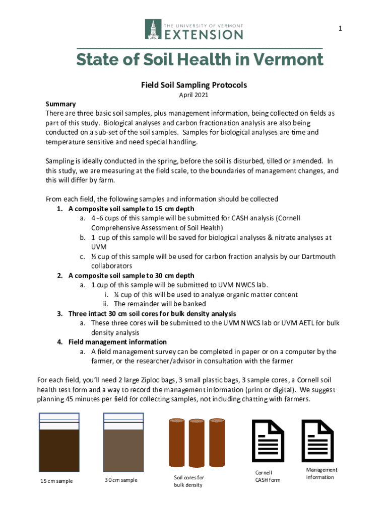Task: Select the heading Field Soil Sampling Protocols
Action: pos(194,85)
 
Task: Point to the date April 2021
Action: pos(194,95)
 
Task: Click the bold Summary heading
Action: pos(60,104)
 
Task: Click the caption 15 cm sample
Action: pos(56,481)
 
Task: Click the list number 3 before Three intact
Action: pos(59,314)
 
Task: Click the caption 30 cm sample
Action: pos(121,480)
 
